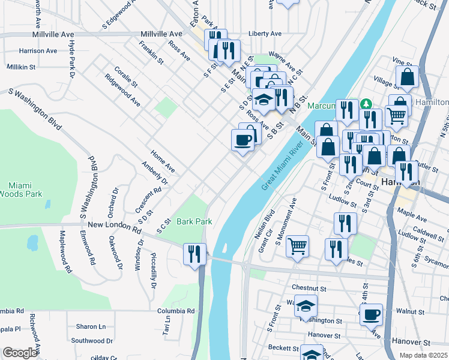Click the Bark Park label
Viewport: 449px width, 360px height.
[x=194, y=221]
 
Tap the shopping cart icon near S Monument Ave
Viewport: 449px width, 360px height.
[x=297, y=246]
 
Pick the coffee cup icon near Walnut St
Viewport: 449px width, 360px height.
[x=370, y=314]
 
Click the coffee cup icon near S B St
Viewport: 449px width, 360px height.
[x=243, y=140]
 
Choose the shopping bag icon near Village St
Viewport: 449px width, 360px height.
[x=408, y=77]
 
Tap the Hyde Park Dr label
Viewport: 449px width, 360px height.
[x=71, y=59]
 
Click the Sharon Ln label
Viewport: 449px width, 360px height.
[x=91, y=327]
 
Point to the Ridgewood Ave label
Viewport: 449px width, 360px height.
[x=122, y=91]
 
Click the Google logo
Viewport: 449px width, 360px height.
[x=19, y=353]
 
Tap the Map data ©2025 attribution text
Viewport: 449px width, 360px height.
[x=423, y=355]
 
